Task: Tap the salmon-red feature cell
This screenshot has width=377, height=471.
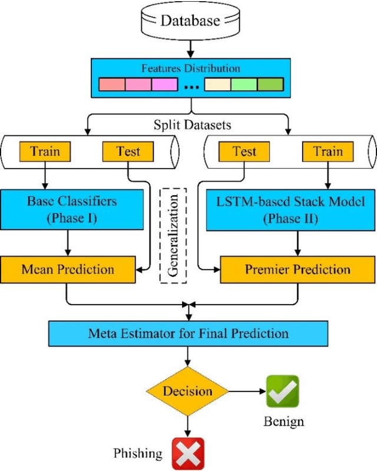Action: tap(112, 84)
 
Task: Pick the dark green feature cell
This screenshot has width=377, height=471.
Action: tap(270, 84)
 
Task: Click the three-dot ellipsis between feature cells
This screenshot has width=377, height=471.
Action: tap(191, 85)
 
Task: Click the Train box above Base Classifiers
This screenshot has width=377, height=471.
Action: tap(45, 151)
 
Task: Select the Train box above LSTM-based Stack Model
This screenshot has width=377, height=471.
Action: tap(328, 151)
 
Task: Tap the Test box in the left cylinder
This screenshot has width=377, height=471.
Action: tap(128, 151)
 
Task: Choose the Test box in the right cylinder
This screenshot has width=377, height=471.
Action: tap(244, 151)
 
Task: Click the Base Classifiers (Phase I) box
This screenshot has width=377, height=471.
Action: tap(72, 209)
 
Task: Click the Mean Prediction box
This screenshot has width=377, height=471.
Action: tap(68, 269)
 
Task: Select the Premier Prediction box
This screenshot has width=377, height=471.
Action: tap(297, 270)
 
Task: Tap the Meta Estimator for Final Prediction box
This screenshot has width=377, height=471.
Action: tap(188, 333)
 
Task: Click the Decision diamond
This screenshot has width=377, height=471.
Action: tap(187, 391)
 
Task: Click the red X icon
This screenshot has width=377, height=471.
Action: tap(188, 453)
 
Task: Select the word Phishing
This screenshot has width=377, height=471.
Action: tap(138, 453)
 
